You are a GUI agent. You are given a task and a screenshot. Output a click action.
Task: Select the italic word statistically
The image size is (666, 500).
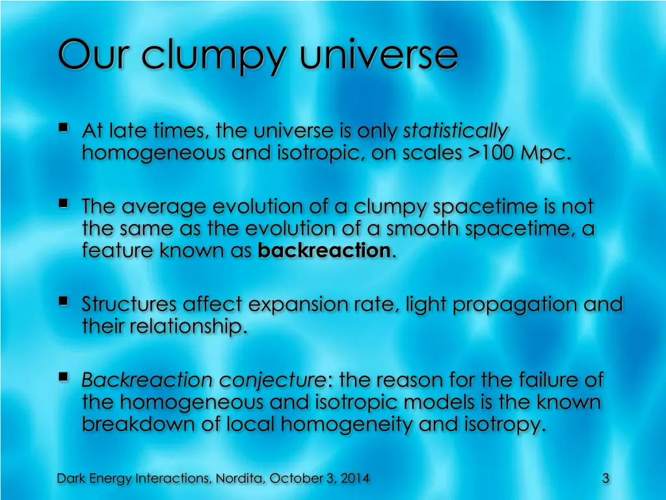455,132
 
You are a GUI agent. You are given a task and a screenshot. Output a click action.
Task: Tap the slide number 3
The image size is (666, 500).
606,479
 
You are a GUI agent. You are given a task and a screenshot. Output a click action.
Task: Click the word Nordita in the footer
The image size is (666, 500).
243,479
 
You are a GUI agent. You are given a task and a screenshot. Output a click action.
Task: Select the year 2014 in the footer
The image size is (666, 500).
356,479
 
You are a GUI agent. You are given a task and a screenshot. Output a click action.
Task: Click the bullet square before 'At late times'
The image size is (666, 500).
64,128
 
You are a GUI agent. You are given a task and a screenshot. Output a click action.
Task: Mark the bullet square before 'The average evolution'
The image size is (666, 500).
64,204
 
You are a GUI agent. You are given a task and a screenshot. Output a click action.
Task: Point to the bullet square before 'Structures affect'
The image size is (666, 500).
64,301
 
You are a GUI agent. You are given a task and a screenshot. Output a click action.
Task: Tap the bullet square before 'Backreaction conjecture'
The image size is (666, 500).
64,376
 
